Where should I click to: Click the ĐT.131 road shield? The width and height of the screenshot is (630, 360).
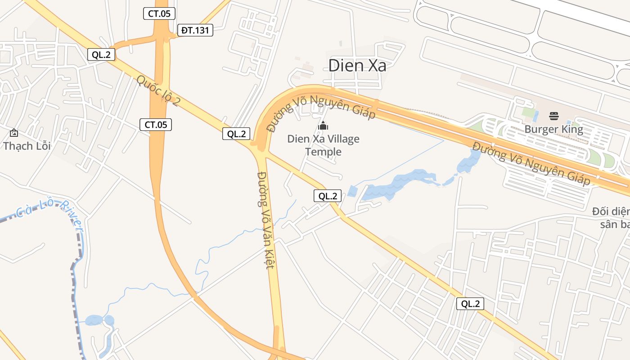[x=195, y=31]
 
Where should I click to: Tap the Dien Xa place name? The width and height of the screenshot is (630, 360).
[x=357, y=66]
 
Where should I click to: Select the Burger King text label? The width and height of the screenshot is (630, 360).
[x=553, y=130]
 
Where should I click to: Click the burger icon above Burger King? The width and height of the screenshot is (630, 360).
[x=553, y=116]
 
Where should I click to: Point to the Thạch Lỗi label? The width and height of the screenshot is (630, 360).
[x=27, y=146]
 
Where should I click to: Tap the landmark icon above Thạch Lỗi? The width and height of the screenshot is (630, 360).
[x=14, y=133]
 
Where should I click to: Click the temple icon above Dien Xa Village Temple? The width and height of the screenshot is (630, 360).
[x=323, y=126]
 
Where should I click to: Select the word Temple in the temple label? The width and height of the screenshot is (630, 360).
[x=323, y=152]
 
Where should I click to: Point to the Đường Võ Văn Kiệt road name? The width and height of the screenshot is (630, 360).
[x=265, y=220]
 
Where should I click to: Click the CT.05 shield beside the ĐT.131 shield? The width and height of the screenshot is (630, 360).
[x=159, y=13]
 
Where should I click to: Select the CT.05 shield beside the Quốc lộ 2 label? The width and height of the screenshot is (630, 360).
[x=156, y=125]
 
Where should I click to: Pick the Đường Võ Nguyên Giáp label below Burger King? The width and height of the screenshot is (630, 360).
[x=531, y=164]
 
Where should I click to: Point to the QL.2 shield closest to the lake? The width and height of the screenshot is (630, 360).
[x=328, y=196]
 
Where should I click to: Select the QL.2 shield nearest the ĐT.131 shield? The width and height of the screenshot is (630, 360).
[x=101, y=55]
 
